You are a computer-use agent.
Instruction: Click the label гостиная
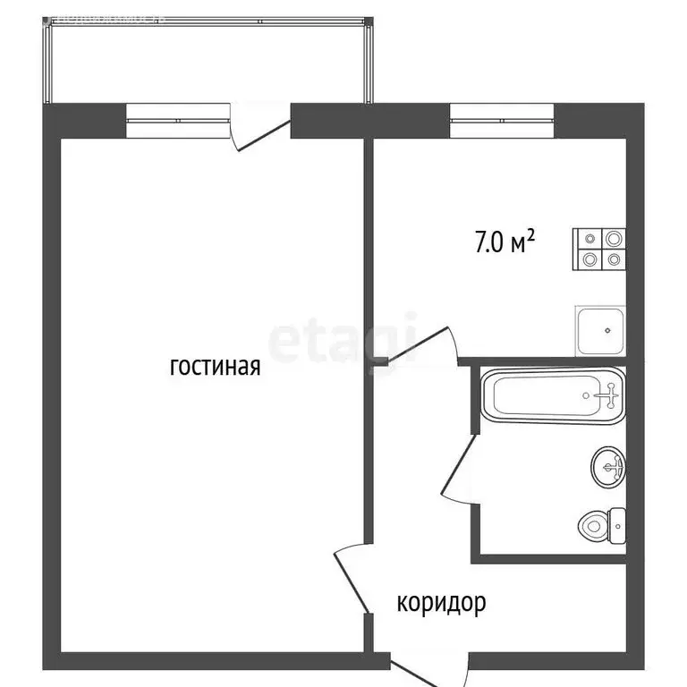(215, 367)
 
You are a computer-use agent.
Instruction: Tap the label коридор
(441, 603)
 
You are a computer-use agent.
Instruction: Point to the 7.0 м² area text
(505, 241)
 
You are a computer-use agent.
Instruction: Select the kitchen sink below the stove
(599, 331)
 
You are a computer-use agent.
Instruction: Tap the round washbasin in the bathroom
(608, 465)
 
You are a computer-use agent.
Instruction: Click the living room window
(179, 121)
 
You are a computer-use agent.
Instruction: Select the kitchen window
(501, 121)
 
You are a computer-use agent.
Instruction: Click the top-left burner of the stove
(590, 239)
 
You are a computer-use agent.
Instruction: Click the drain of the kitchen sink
(608, 330)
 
